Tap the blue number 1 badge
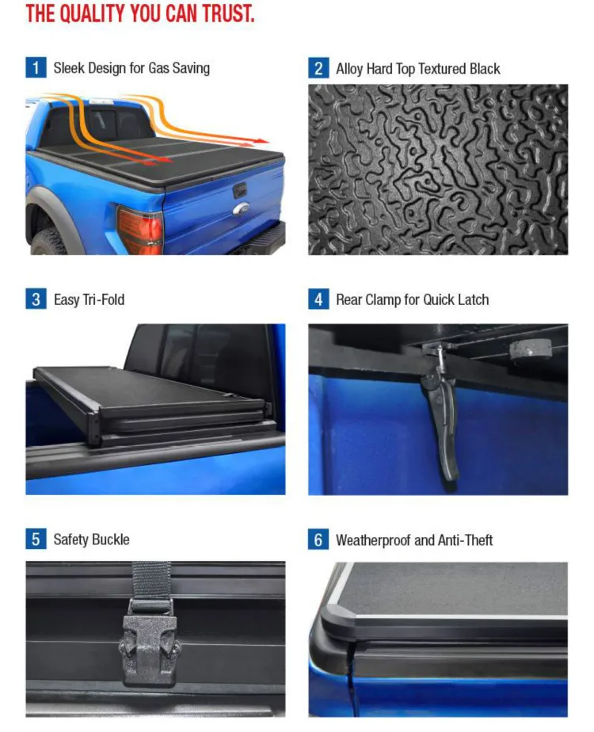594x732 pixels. pos(35,67)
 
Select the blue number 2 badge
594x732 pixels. pos(318,67)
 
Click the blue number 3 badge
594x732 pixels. pos(35,299)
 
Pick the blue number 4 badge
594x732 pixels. pos(318,299)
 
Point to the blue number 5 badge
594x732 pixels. pos(35,539)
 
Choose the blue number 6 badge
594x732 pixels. pos(318,540)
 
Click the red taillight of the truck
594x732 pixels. pos(139,231)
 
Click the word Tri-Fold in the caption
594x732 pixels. pos(104,300)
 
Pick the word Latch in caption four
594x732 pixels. pos(473,300)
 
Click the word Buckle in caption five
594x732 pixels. pos(111,539)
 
